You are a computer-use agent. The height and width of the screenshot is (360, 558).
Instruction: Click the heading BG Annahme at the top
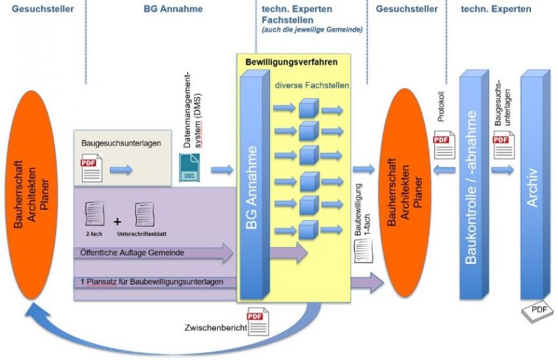click(172, 9)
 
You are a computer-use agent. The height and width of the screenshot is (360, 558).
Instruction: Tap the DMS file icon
click(190, 166)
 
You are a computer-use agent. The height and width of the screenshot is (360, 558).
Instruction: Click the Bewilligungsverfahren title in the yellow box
click(292, 62)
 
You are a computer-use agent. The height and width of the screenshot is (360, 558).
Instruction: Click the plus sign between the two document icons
click(117, 221)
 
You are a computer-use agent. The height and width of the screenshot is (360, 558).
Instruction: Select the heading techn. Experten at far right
click(496, 9)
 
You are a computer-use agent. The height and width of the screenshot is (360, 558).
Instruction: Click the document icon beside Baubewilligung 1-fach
click(362, 250)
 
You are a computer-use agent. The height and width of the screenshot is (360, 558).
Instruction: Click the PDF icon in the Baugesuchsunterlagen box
click(91, 168)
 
